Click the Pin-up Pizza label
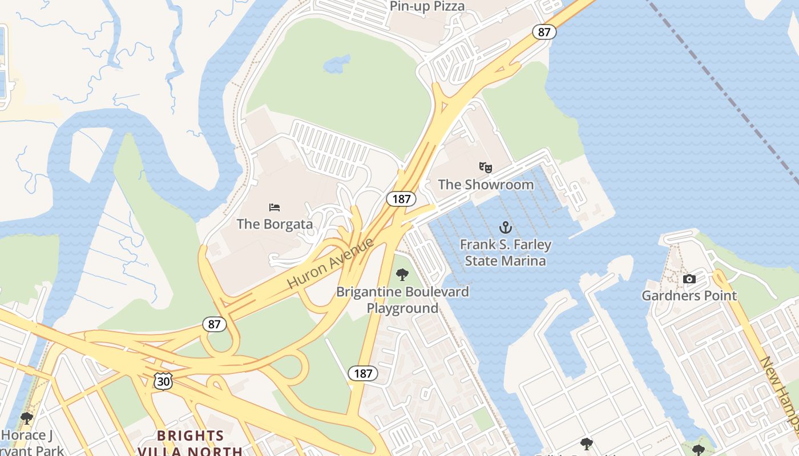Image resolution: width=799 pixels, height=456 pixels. (427, 6)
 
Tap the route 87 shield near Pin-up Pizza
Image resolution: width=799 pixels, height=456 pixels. (544, 32)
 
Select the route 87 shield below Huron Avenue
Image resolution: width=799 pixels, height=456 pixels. (215, 324)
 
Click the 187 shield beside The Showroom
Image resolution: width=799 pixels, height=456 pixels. (401, 199)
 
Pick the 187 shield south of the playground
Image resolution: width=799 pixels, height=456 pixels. (363, 373)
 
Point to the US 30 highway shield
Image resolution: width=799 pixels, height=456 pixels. (163, 381)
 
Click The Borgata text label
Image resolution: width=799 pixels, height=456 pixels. (275, 224)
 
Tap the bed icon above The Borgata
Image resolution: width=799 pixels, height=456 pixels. (275, 207)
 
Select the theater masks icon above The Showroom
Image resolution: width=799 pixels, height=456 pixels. (486, 168)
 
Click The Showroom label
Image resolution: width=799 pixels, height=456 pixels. (486, 185)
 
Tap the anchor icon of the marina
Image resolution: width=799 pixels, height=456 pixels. (506, 228)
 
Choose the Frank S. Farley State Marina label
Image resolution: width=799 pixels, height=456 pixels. (506, 253)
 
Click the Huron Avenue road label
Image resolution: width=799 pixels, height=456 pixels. (330, 263)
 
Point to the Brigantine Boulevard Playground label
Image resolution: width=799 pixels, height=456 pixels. (402, 300)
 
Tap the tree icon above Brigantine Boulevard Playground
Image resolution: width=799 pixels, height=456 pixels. (402, 275)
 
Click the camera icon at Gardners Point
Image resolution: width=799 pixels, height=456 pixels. (689, 279)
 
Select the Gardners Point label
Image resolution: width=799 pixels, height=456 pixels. (689, 296)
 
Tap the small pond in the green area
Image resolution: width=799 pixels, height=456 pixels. (337, 64)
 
